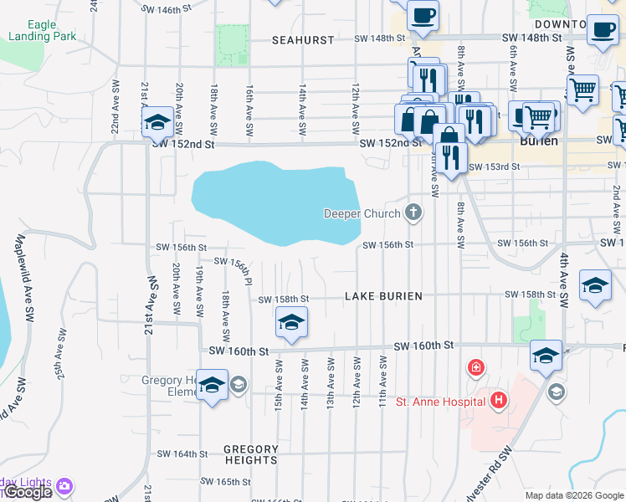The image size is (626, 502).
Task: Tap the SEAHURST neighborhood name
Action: pos(303,39)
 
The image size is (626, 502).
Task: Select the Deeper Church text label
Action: pos(362,214)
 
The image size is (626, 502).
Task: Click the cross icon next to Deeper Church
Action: pos(412,213)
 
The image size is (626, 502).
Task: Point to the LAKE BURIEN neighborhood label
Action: pos(384,296)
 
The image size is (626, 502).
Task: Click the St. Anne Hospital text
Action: pos(440,402)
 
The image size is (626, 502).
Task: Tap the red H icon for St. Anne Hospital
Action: pos(499,401)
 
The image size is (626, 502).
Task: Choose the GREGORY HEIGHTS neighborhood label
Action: pos(251,454)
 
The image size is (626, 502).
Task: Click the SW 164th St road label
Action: pos(182,454)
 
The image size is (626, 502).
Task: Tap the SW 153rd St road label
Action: pos(495,166)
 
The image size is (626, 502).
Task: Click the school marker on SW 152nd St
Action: pos(156,122)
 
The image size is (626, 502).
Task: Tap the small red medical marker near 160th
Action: pos(475,367)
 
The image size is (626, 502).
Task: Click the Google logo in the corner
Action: pos(28,492)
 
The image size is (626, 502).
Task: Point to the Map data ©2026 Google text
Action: pos(574,495)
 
